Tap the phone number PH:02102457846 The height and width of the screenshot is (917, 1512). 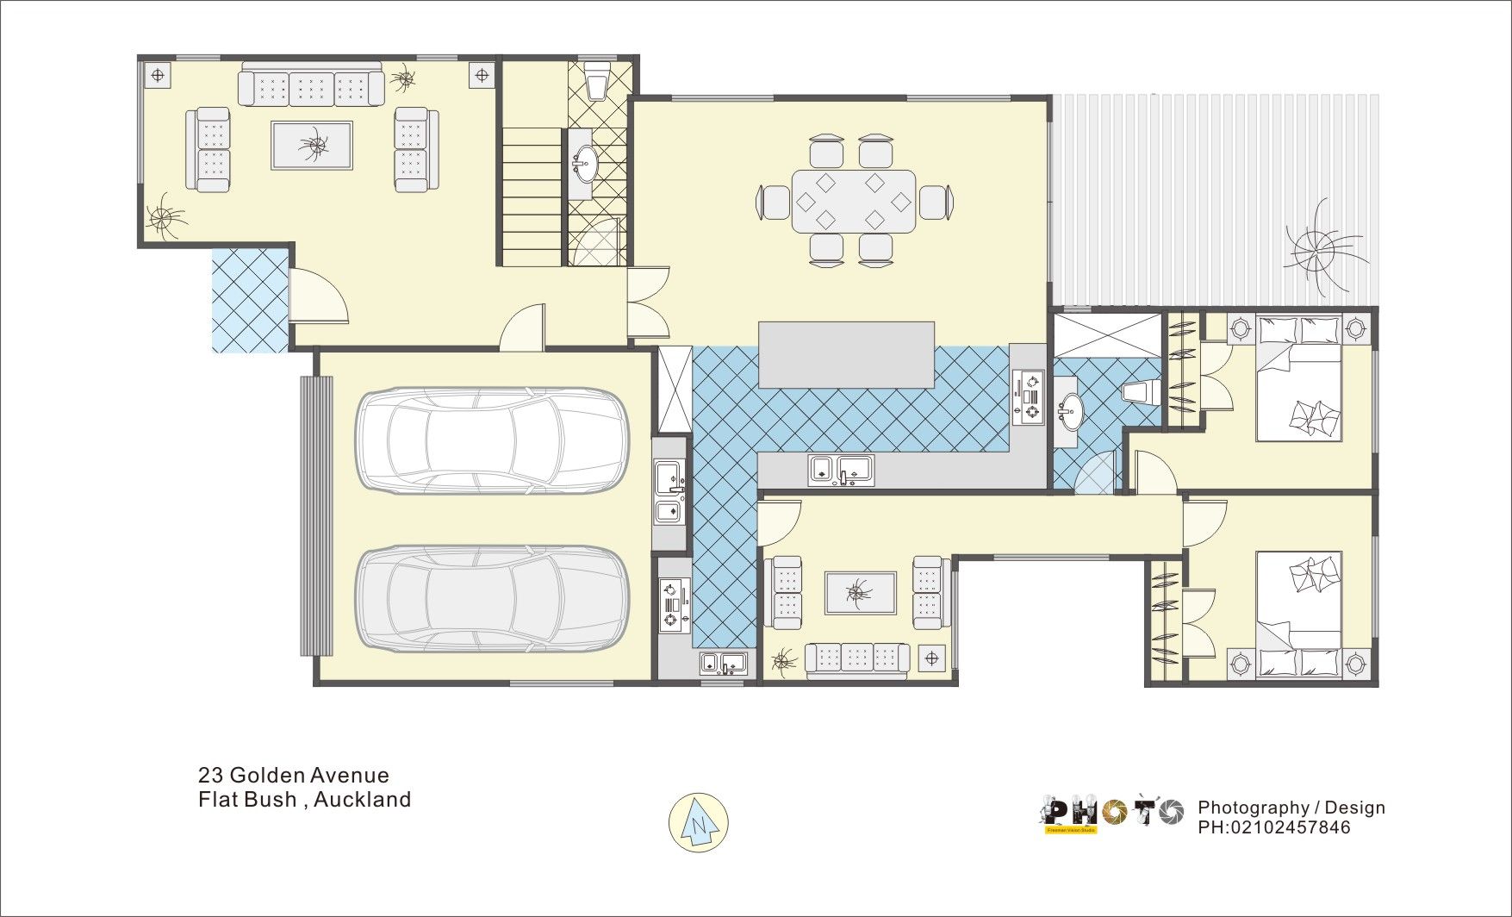click(1273, 827)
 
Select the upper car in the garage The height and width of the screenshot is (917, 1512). click(492, 440)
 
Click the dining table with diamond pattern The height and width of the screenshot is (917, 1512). click(854, 201)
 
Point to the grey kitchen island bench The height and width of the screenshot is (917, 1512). click(846, 355)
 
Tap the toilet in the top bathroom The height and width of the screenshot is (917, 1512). click(596, 81)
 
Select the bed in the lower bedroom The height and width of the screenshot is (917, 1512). click(1298, 614)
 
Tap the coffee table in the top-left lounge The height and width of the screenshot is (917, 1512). click(312, 146)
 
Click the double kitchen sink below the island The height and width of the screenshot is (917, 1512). click(841, 470)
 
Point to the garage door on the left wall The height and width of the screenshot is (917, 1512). click(315, 517)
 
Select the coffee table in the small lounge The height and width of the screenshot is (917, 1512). click(860, 592)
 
